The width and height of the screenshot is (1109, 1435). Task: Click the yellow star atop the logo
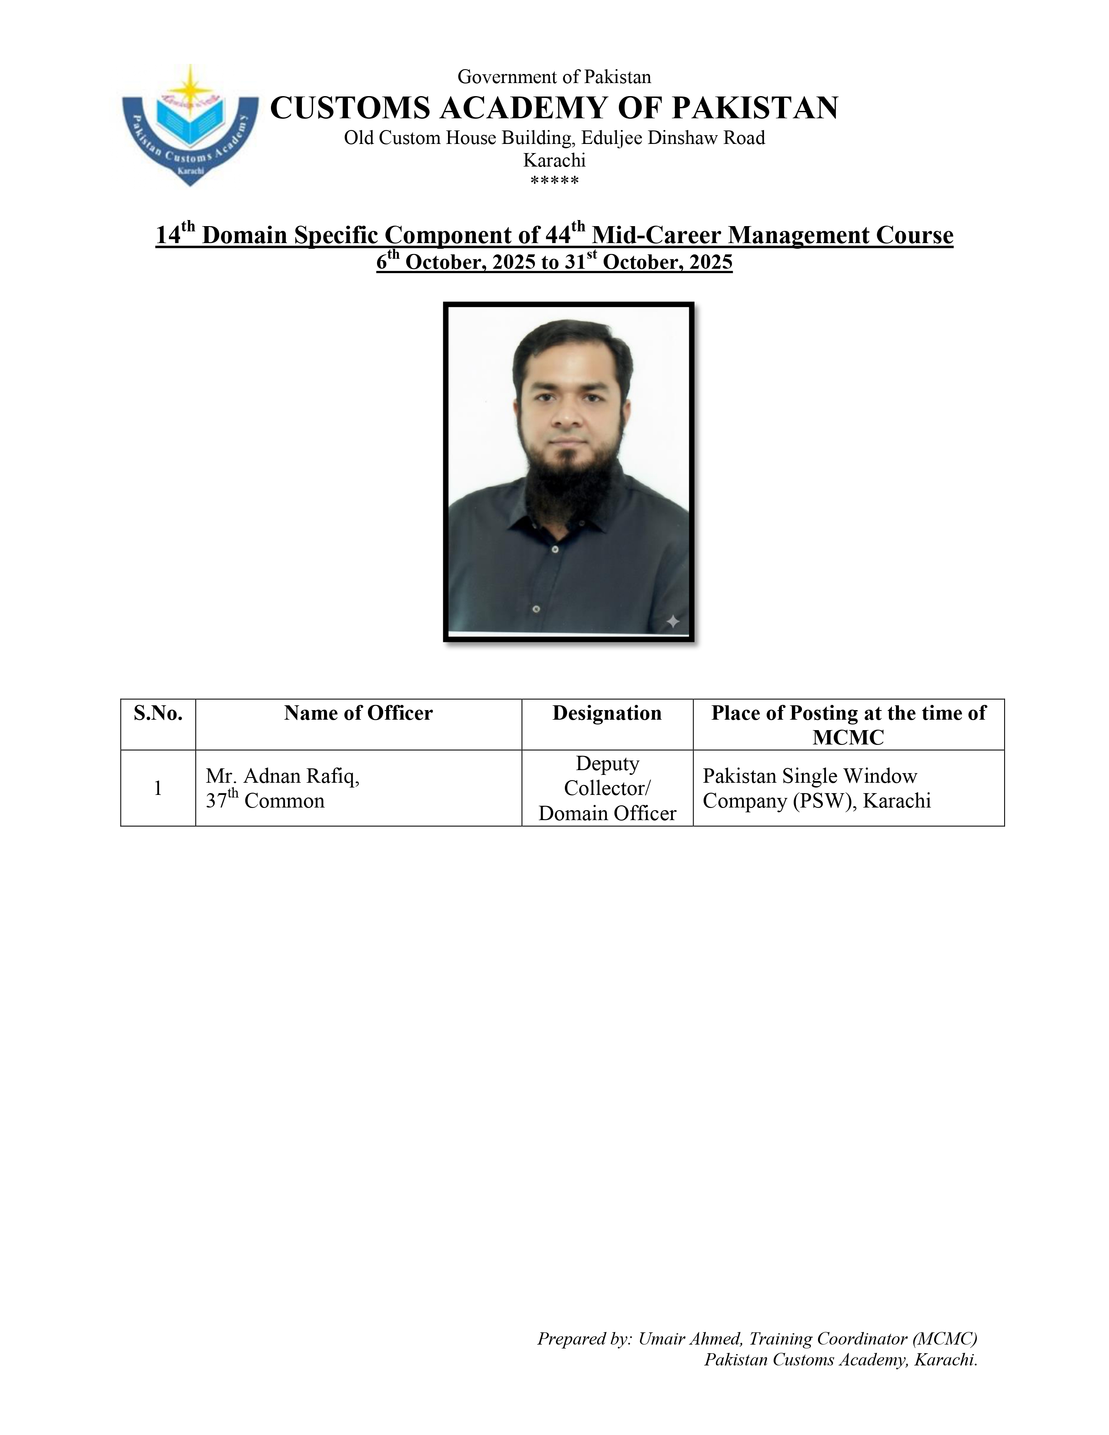click(190, 85)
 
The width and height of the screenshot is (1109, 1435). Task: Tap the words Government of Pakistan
click(554, 77)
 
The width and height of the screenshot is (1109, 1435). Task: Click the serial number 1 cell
click(158, 788)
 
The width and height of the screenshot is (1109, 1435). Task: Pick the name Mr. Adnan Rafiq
click(283, 776)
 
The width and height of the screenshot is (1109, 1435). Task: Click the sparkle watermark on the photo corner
click(673, 621)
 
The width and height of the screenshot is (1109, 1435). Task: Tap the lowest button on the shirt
click(536, 609)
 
